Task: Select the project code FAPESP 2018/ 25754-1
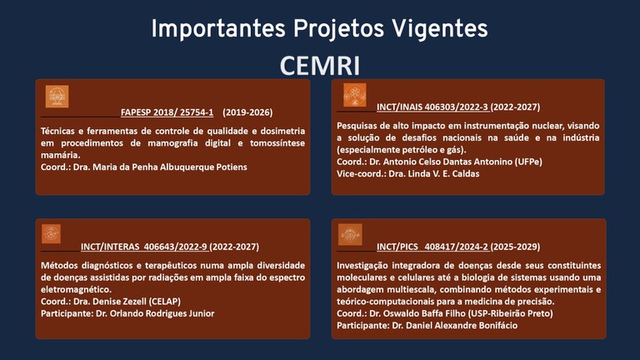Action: [167, 112]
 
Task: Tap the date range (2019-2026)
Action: [247, 112]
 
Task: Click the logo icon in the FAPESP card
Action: [57, 97]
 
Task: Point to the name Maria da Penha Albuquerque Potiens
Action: [171, 167]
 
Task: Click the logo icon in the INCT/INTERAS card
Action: [51, 234]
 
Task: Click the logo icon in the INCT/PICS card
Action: [350, 234]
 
